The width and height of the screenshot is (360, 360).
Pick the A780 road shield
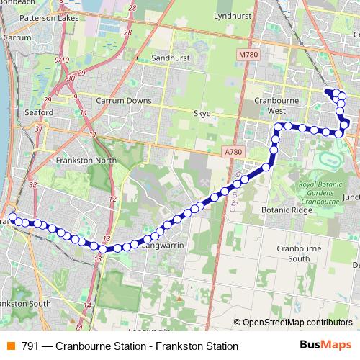tap(233, 152)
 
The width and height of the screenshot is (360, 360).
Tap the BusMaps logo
tap(325, 346)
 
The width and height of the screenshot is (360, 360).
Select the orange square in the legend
tap(10, 346)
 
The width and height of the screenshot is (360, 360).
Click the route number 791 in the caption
tap(30, 346)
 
